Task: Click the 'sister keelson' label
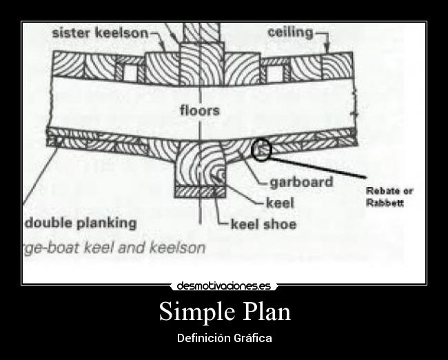pyautogui.click(x=99, y=32)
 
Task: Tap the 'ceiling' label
pyautogui.click(x=289, y=32)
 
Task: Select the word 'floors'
pyautogui.click(x=199, y=110)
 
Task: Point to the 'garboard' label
pyautogui.click(x=301, y=183)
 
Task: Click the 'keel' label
pyautogui.click(x=280, y=203)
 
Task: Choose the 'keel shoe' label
pyautogui.click(x=263, y=224)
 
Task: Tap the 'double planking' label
pyautogui.click(x=81, y=223)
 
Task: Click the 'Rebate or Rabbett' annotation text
pyautogui.click(x=389, y=197)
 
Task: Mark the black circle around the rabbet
pyautogui.click(x=262, y=149)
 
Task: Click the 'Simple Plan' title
pyautogui.click(x=224, y=312)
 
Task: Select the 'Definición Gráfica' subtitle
pyautogui.click(x=224, y=338)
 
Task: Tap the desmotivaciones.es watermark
pyautogui.click(x=224, y=285)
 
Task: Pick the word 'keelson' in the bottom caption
pyautogui.click(x=179, y=248)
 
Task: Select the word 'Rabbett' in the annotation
pyautogui.click(x=384, y=203)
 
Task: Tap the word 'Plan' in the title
pyautogui.click(x=266, y=312)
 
